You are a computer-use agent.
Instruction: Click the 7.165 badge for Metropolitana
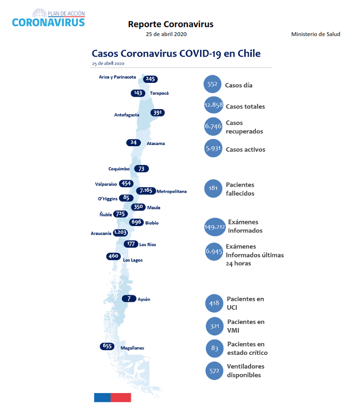(146, 191)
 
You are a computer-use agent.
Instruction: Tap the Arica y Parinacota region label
(117, 77)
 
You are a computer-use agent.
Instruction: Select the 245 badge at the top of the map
(150, 79)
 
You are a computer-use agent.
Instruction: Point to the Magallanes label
(132, 348)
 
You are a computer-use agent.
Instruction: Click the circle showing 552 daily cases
(212, 84)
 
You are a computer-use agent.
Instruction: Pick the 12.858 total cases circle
(213, 105)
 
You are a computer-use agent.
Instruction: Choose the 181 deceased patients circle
(213, 189)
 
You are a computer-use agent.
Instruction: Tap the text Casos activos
(246, 150)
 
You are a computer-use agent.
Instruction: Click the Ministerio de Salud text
(316, 34)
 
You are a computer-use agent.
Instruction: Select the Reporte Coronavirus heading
(171, 24)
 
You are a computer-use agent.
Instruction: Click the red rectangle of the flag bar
(121, 397)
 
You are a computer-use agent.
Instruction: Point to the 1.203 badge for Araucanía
(120, 233)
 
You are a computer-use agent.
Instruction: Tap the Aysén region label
(144, 299)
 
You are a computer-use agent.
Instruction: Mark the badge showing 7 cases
(129, 299)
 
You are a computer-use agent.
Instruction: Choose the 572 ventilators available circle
(214, 371)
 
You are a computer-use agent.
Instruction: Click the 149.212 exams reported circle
(215, 227)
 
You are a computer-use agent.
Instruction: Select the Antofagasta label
(127, 115)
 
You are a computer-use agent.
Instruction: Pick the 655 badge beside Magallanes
(107, 346)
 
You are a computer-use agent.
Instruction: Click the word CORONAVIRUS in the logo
(48, 23)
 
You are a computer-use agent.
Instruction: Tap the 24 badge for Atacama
(133, 143)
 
